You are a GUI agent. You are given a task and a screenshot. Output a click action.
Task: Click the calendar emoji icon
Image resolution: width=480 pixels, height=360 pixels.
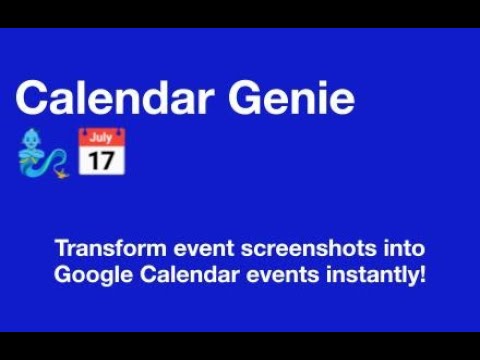101,152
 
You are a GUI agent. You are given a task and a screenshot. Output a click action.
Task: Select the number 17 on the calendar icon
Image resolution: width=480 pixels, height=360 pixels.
101,159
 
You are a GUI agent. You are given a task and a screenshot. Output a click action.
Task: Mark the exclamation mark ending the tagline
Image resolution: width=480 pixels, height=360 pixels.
423,273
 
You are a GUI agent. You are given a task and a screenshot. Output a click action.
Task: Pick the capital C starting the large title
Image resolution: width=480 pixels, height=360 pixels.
33,97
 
